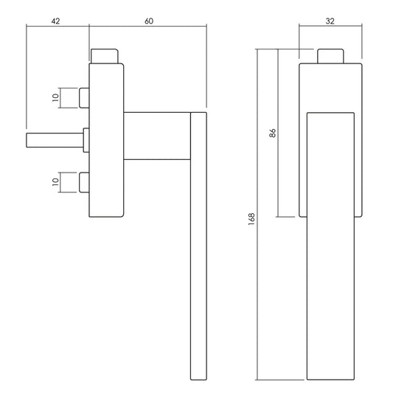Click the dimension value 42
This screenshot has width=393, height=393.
pos(55,21)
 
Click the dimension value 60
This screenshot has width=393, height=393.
pos(149,21)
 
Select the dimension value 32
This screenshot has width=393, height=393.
pos(330,21)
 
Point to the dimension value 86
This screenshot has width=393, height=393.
pos(272,133)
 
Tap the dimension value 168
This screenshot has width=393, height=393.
pos(251,219)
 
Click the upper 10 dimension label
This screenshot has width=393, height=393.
pos(55,97)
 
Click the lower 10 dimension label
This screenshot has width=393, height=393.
pos(55,182)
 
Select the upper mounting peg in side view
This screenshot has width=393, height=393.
pos(84,98)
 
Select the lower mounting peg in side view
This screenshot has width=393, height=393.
pos(84,182)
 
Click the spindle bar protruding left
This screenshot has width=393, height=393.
pos(55,140)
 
